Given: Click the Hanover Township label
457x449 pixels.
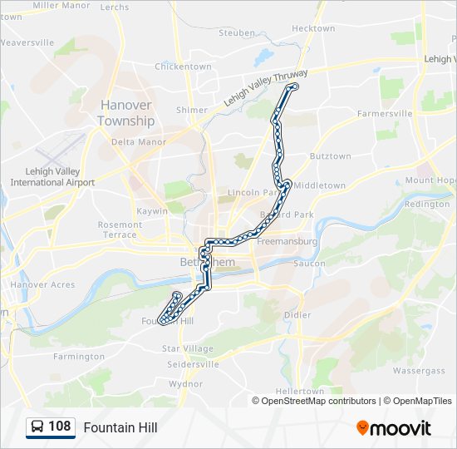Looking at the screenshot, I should click(x=126, y=113).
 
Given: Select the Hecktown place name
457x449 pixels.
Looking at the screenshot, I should click(x=313, y=28).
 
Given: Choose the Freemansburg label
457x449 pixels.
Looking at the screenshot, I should click(x=287, y=241).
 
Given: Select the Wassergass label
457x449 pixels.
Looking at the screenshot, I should click(x=419, y=371).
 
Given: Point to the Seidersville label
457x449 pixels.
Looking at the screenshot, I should click(x=193, y=364).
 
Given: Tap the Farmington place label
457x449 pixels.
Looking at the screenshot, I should click(x=76, y=356).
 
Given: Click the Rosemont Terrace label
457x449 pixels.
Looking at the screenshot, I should click(x=120, y=229).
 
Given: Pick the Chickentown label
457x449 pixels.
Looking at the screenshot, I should click(x=183, y=67).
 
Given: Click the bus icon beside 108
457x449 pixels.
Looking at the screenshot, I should click(x=37, y=427).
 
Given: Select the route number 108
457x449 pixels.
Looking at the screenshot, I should click(x=60, y=427).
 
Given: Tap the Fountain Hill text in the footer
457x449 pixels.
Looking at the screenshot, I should click(x=120, y=427).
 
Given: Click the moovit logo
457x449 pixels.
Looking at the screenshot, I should click(x=394, y=427).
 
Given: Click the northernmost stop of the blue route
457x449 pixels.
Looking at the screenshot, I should click(x=293, y=86).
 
